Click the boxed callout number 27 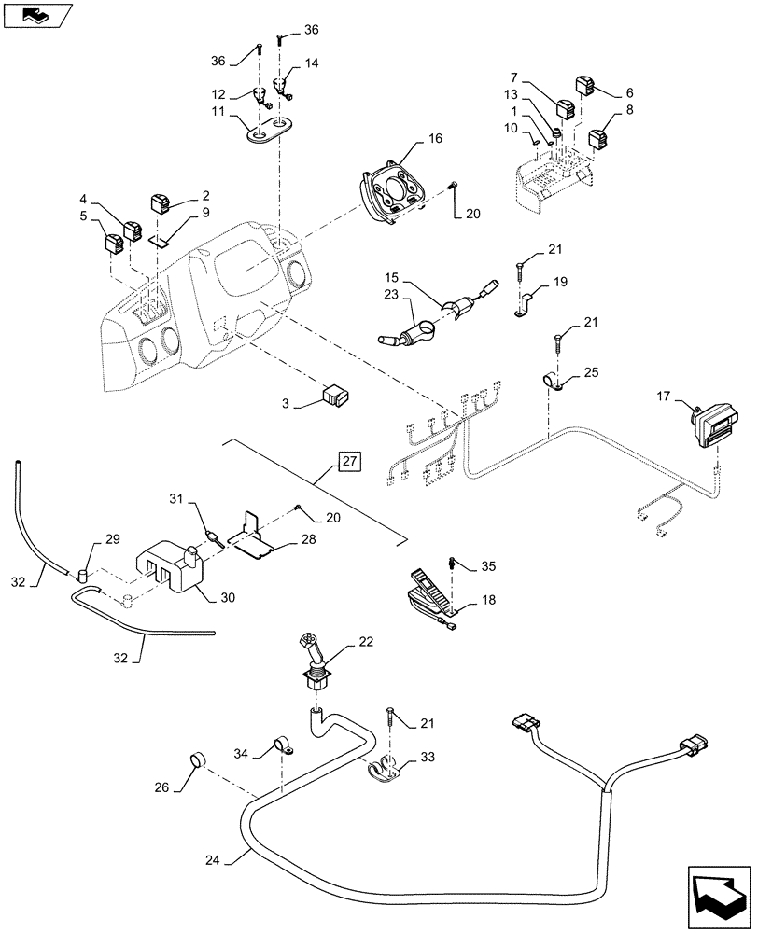[348, 461]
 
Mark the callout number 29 [112, 540]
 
